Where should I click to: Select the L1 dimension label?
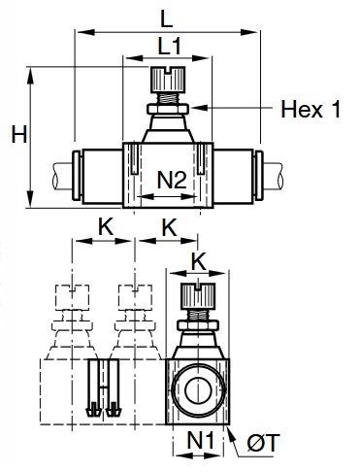[x=169, y=46]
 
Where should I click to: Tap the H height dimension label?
[x=16, y=135]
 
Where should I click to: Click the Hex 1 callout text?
[x=310, y=110]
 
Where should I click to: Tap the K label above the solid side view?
[x=198, y=259]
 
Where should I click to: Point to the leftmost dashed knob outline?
[x=74, y=294]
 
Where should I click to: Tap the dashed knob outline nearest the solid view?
[x=132, y=294]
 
